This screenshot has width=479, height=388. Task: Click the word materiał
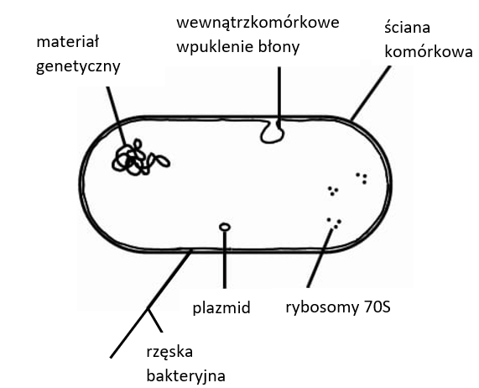tap(67, 42)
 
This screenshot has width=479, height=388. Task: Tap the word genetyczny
tap(78, 66)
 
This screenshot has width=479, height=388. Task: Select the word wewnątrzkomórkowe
tap(258, 24)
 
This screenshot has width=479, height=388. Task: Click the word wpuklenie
tap(215, 47)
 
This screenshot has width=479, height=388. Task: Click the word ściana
tap(407, 27)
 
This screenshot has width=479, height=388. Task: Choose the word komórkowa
tap(429, 52)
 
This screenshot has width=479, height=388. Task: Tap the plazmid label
tap(221, 308)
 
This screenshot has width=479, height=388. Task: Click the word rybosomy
tap(321, 307)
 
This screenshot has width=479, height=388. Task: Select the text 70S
tap(377, 307)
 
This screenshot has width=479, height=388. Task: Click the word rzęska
tap(169, 353)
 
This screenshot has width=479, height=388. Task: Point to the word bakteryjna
tap(185, 376)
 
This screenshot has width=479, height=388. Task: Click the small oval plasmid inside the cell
tap(225, 228)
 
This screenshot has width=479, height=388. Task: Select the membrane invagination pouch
tap(272, 132)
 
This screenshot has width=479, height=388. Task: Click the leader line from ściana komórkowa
tap(371, 92)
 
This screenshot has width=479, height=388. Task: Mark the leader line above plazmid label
tap(225, 260)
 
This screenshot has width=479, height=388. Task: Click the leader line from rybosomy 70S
tap(320, 259)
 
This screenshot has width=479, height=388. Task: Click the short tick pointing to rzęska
tap(155, 321)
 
